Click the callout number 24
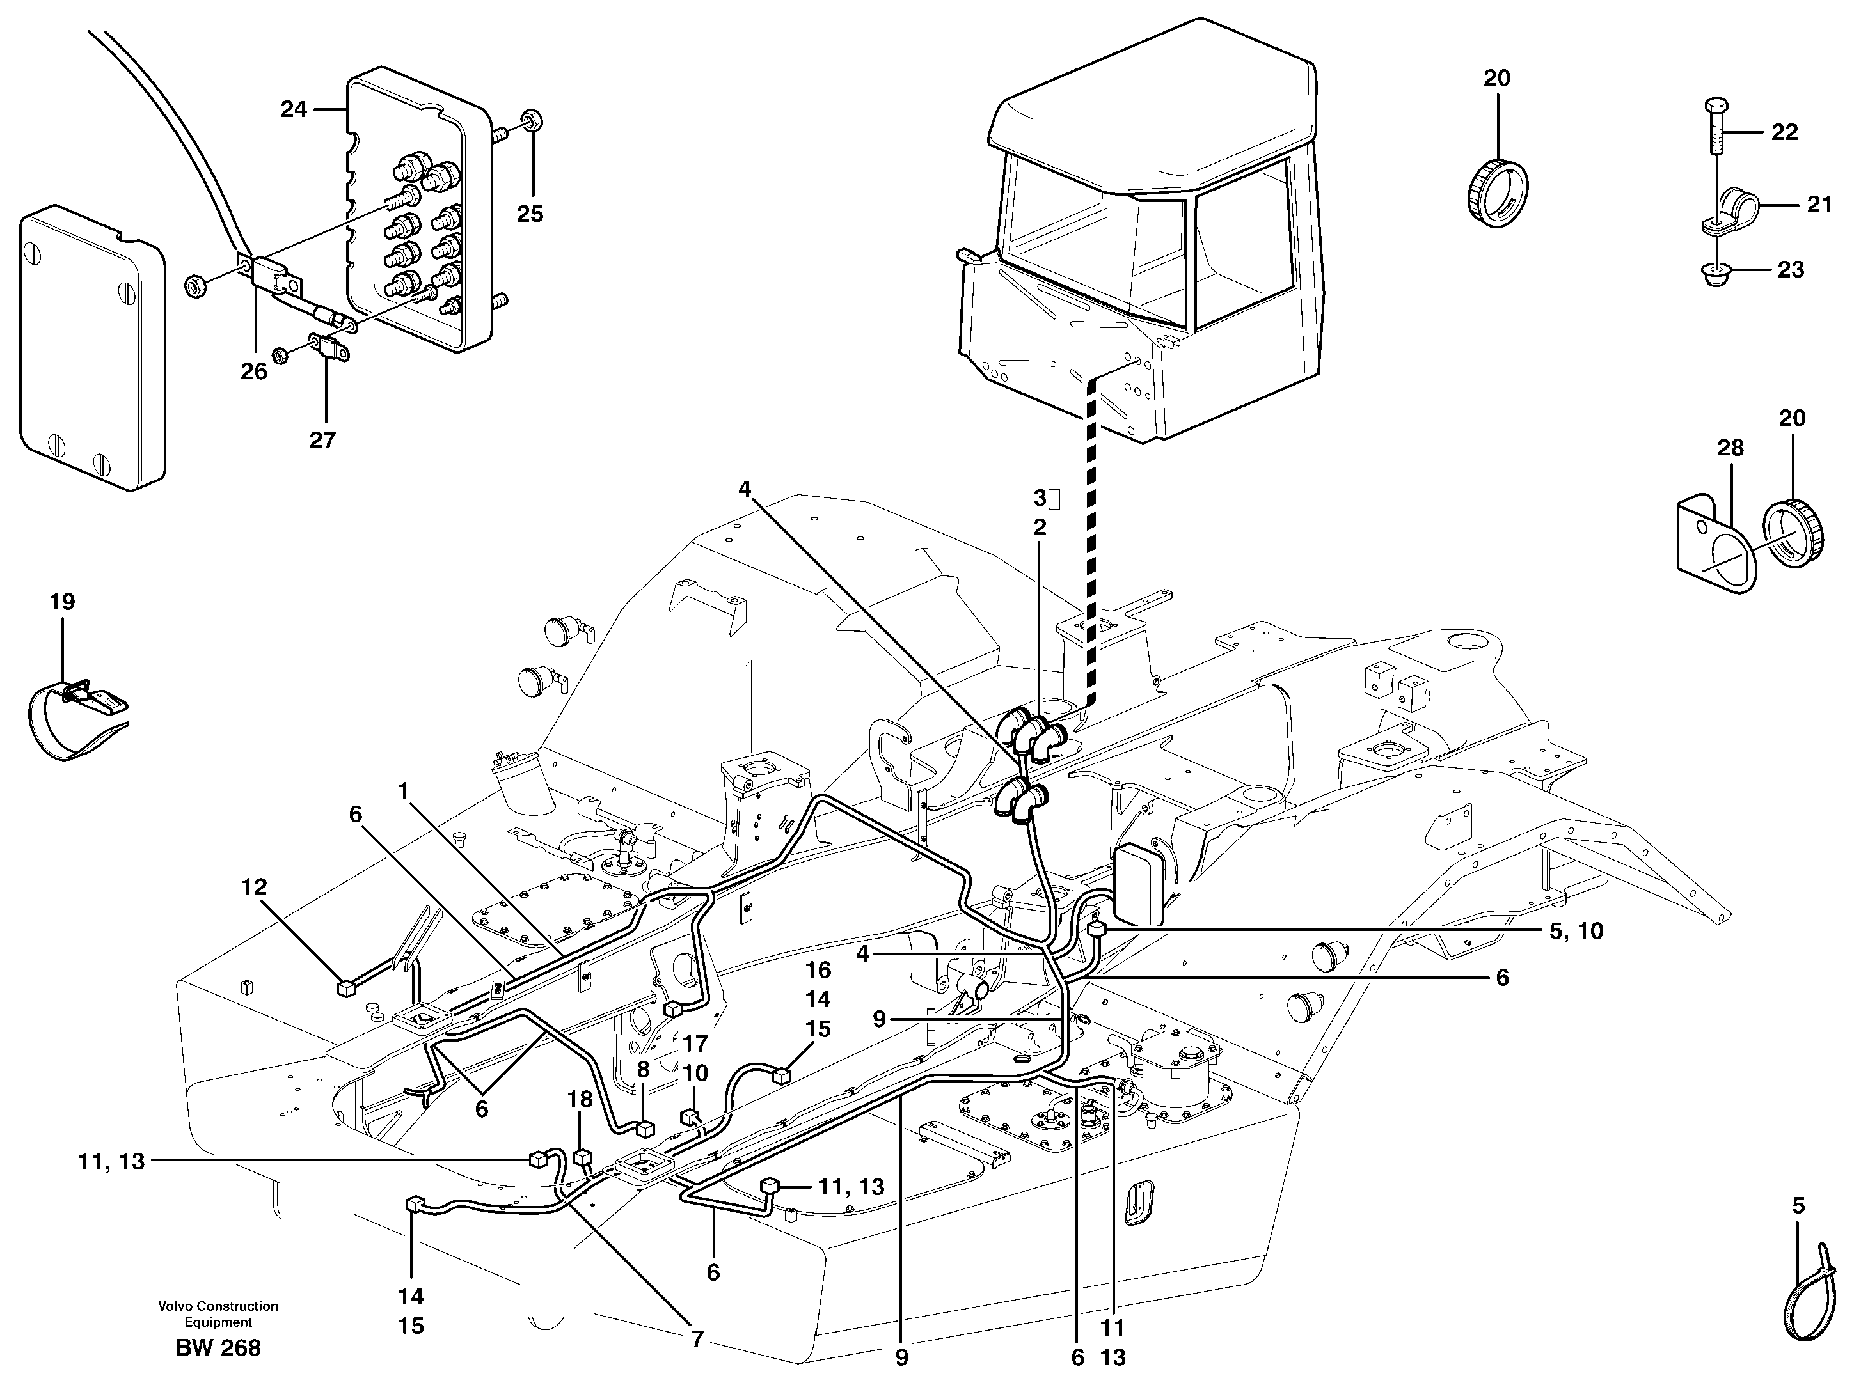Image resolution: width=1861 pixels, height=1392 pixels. [293, 109]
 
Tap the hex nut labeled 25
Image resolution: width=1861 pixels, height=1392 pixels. [531, 121]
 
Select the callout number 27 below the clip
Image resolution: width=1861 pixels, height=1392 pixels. [322, 440]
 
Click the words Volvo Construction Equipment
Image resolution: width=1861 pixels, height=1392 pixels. [218, 1314]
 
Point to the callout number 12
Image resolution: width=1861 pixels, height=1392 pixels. [253, 886]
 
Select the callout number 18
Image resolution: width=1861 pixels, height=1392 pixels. [580, 1099]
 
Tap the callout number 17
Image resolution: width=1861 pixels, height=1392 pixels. [695, 1044]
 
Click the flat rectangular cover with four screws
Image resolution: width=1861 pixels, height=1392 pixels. [91, 349]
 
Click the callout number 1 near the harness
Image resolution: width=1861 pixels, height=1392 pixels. [403, 790]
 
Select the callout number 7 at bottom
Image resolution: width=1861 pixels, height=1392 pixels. [697, 1340]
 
